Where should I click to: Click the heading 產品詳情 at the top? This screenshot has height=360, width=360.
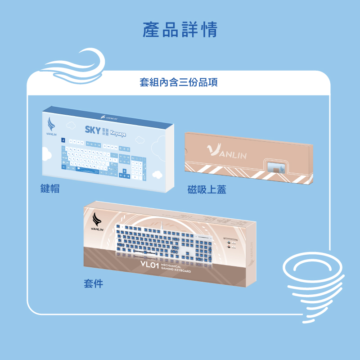click(x=180, y=29)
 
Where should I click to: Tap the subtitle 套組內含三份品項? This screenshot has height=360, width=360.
click(x=180, y=83)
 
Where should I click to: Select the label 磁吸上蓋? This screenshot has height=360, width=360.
click(x=207, y=190)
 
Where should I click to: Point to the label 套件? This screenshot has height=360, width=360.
click(x=93, y=283)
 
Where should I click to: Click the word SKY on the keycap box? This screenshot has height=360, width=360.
click(x=92, y=130)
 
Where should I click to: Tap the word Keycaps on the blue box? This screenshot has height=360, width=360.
click(x=118, y=134)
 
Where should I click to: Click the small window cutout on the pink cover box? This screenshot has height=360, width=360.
click(x=275, y=167)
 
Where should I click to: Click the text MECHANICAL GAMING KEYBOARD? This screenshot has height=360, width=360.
click(x=175, y=269)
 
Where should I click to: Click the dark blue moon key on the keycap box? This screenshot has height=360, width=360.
click(x=63, y=140)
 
